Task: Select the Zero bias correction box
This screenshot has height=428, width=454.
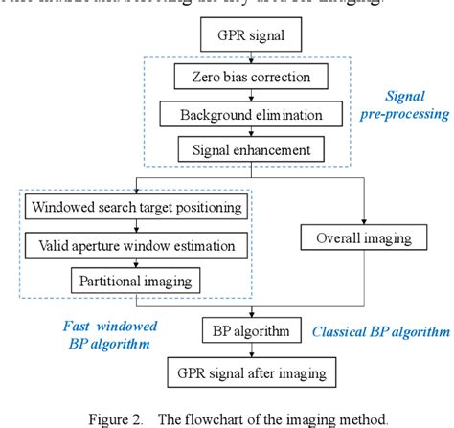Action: pyautogui.click(x=237, y=77)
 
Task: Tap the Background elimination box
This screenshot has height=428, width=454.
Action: pyautogui.click(x=237, y=115)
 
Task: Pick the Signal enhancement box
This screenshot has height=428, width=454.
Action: pyautogui.click(x=237, y=150)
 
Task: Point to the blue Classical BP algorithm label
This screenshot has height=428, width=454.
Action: pyautogui.click(x=379, y=333)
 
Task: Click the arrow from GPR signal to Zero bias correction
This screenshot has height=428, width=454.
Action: pyautogui.click(x=237, y=59)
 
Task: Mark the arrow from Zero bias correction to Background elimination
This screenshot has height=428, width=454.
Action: pyautogui.click(x=237, y=96)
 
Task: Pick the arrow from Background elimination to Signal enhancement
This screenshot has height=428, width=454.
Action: pyautogui.click(x=237, y=132)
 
